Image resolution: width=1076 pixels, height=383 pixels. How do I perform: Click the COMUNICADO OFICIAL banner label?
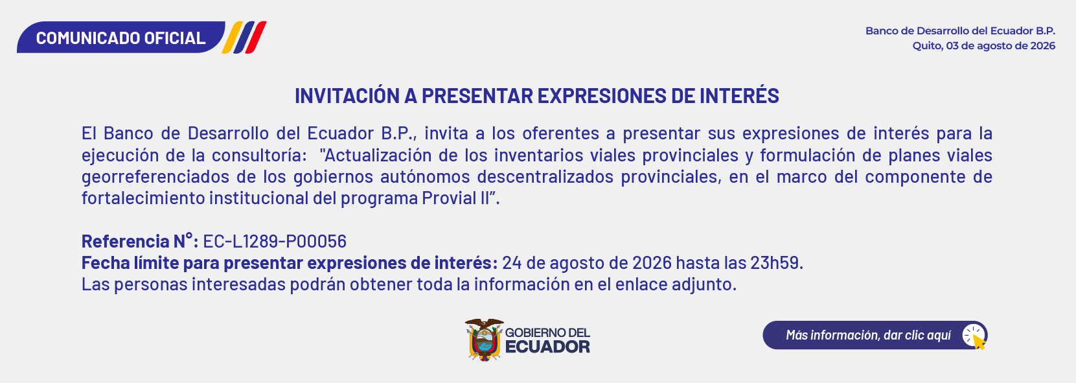tap(120, 38)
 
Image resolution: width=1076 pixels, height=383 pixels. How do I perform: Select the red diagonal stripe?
tap(255, 38)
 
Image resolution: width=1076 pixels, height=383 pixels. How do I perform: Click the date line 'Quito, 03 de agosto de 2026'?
tap(984, 46)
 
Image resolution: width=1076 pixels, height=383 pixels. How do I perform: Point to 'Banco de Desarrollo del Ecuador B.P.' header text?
tap(960, 30)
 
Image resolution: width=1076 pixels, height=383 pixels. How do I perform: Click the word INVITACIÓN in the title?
tap(347, 96)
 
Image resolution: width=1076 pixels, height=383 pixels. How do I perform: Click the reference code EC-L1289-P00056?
tap(275, 241)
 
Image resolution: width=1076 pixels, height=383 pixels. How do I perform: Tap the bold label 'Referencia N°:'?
tap(140, 241)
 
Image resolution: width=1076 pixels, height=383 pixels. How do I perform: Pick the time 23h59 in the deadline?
tap(777, 263)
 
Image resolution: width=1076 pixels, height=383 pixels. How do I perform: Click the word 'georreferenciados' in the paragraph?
tap(155, 177)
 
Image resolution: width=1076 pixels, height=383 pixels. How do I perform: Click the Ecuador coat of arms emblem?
tap(484, 340)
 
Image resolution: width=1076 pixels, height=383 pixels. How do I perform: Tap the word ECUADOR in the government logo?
tap(547, 347)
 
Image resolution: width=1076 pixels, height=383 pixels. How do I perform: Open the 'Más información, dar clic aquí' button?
tap(875, 335)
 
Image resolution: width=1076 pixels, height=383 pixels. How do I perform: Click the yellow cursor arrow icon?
tap(979, 342)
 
